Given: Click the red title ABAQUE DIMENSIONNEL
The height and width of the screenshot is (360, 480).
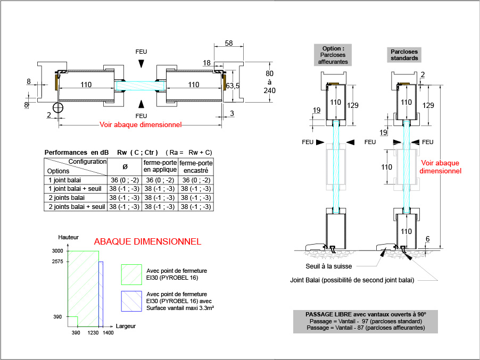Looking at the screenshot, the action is (147, 241).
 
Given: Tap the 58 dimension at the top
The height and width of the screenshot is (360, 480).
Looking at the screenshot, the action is (229, 43).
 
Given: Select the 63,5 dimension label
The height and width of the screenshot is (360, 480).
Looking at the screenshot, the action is (233, 86).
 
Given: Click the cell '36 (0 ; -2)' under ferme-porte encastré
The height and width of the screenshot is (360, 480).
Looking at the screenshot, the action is (196, 180).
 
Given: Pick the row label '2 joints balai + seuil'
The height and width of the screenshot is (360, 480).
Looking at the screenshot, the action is (77, 207).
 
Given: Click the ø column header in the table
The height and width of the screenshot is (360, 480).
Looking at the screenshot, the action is (125, 166).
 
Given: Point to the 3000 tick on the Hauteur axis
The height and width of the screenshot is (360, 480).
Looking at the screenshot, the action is (57, 251).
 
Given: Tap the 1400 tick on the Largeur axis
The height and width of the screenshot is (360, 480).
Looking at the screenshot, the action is (108, 333).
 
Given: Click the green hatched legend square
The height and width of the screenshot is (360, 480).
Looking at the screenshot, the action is (131, 275).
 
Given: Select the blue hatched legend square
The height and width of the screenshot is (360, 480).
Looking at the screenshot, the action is (131, 302).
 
